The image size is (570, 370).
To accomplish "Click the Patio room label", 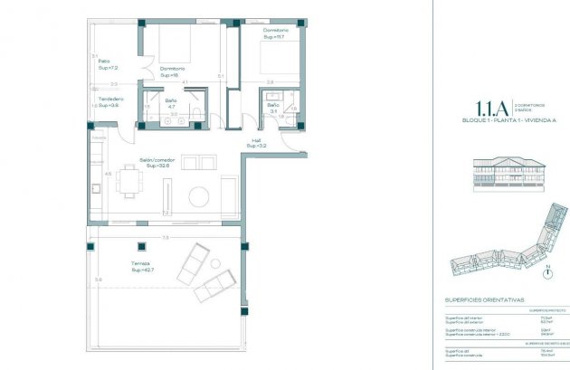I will click(106, 64).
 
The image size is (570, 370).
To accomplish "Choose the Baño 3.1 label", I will click(272, 109).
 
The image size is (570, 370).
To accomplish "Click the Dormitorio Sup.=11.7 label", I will click(274, 33).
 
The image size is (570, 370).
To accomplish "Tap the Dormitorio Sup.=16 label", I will click(172, 71).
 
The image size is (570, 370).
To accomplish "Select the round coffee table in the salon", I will click(200, 195).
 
